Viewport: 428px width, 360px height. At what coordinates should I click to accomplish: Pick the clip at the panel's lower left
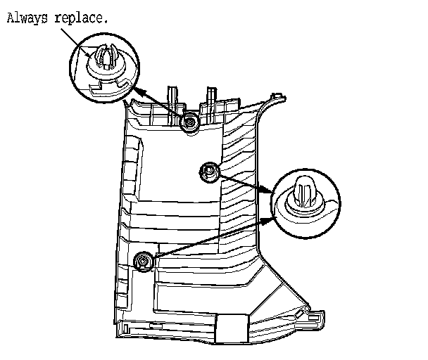point(144,262)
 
